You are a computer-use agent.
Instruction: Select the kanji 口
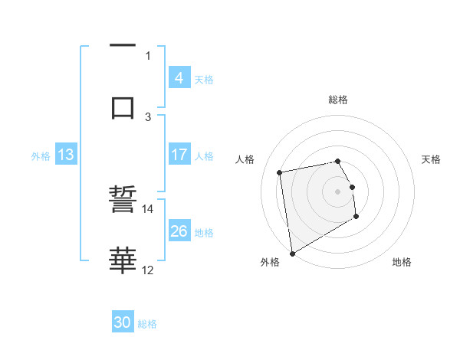[x=123, y=106]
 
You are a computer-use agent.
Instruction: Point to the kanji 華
[x=123, y=260]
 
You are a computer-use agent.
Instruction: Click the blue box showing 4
[x=179, y=78]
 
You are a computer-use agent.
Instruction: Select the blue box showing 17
[x=179, y=155]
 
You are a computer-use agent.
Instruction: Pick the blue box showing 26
[x=179, y=231]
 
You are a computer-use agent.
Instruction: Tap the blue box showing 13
[x=66, y=155]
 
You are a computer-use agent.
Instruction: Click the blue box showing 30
[x=123, y=322]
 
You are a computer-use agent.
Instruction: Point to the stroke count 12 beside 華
[x=147, y=270]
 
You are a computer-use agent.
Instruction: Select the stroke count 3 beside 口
[x=149, y=116]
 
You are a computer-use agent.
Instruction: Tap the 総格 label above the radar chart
[x=338, y=100]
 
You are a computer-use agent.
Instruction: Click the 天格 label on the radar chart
[x=431, y=159]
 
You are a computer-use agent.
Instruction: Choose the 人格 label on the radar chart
[x=245, y=159]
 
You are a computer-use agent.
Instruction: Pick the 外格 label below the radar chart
[x=270, y=262]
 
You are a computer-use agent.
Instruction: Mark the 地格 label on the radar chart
[x=402, y=262]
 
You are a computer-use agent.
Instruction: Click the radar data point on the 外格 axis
[x=292, y=253]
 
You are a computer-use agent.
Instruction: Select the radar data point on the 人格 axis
[x=280, y=172]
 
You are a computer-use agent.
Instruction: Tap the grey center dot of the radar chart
[x=338, y=191]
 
